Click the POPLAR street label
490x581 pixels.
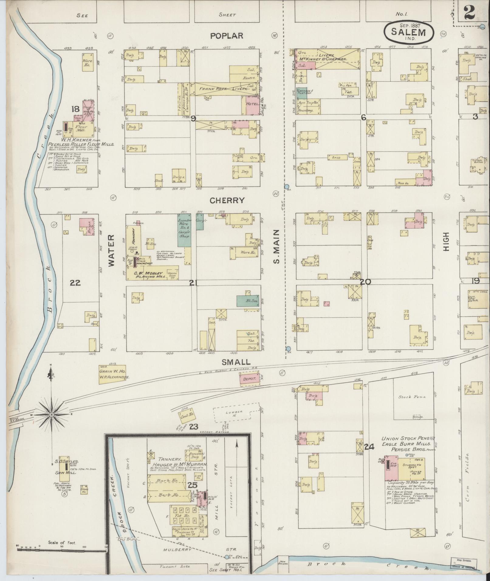tap(227, 36)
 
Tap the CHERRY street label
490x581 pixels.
tap(227, 200)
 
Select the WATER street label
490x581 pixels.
tap(111, 250)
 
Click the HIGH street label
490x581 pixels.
tap(446, 242)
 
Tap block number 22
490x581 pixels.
tap(75, 283)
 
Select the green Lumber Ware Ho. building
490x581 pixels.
tap(184, 230)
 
